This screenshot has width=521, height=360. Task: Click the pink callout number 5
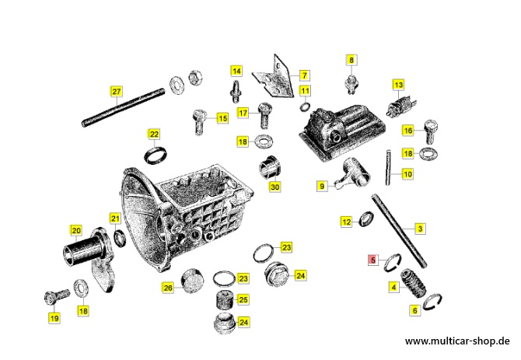(372, 260)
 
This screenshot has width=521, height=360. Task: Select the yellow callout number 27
(117, 91)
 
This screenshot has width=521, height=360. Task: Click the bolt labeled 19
(57, 295)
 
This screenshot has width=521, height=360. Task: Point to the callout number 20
(76, 230)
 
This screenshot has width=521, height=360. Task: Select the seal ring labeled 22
(156, 155)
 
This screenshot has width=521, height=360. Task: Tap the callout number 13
(398, 85)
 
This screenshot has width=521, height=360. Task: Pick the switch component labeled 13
(402, 105)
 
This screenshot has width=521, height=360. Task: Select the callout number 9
(322, 186)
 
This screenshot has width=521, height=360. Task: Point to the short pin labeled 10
(388, 168)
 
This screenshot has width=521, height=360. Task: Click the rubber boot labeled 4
(414, 283)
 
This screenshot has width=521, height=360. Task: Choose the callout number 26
(168, 287)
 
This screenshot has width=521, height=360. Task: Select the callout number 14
(236, 71)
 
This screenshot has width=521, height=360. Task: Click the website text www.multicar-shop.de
(457, 341)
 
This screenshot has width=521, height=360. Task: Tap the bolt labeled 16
(432, 131)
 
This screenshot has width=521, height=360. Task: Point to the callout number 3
(420, 229)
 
